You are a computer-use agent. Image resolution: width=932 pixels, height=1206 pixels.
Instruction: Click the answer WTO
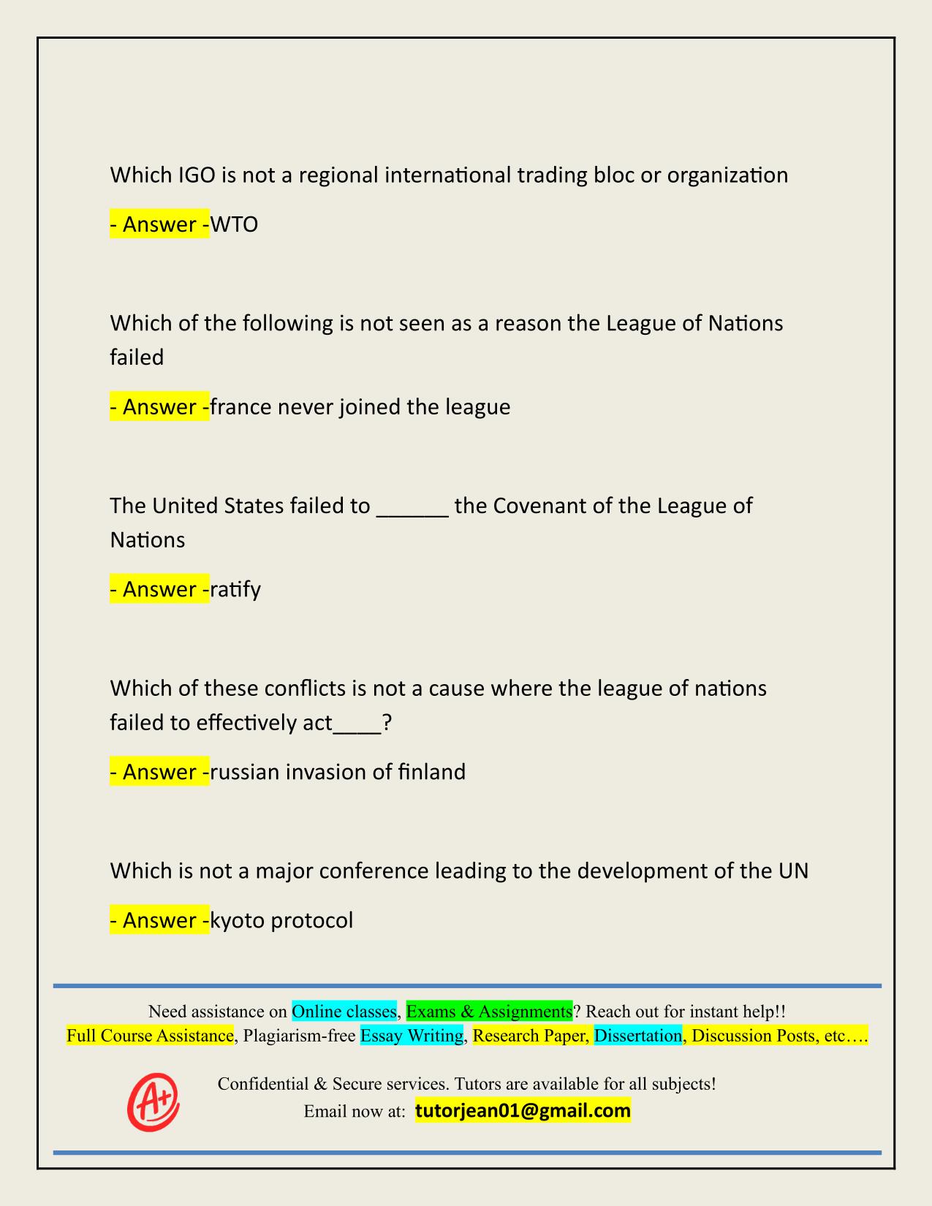point(234,224)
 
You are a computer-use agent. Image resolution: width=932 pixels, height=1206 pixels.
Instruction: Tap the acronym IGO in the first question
point(197,175)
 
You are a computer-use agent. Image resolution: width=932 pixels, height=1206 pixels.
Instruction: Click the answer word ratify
point(235,590)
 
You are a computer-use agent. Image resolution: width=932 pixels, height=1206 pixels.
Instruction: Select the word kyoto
point(238,920)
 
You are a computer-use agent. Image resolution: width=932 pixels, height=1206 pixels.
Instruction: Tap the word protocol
point(312,920)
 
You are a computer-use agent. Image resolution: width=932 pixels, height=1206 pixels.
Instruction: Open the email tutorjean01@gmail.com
point(523,1111)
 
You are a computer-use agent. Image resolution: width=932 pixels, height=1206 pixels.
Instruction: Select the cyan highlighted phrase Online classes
point(344,1012)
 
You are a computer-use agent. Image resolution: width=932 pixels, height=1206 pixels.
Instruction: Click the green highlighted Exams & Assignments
point(489,1012)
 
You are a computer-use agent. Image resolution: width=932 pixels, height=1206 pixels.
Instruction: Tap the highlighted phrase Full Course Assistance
point(151,1036)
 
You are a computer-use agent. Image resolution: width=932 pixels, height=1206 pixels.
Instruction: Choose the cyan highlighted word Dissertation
point(638,1036)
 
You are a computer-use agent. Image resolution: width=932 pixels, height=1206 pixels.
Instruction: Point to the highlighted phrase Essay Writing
point(412,1036)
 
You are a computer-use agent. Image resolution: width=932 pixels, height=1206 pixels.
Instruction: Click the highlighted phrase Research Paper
point(531,1036)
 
